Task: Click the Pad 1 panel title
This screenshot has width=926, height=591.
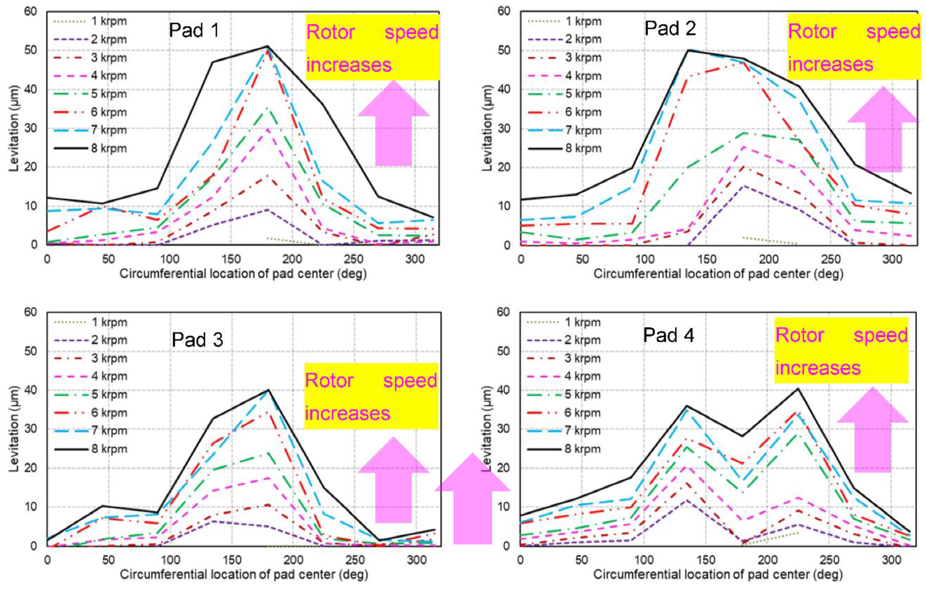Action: click(x=194, y=30)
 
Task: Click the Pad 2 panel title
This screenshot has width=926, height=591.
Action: click(x=670, y=29)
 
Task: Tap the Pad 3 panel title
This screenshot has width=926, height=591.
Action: click(x=197, y=340)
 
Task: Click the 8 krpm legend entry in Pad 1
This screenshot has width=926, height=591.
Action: click(x=109, y=148)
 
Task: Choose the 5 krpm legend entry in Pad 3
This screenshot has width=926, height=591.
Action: click(x=109, y=394)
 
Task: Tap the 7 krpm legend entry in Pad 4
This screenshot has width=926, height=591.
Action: click(x=582, y=431)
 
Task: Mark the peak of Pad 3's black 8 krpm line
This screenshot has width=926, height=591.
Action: click(x=268, y=390)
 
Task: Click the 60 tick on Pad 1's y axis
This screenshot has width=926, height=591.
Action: click(x=31, y=12)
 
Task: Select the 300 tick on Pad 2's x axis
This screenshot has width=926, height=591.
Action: click(x=892, y=259)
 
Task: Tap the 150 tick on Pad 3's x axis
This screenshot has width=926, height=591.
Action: click(x=232, y=560)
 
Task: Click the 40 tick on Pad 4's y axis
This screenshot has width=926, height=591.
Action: click(x=503, y=390)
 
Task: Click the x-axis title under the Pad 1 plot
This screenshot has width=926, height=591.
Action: click(x=243, y=274)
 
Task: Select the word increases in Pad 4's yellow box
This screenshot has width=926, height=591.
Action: click(x=818, y=368)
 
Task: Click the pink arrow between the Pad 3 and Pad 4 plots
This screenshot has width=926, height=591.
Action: click(x=473, y=504)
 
